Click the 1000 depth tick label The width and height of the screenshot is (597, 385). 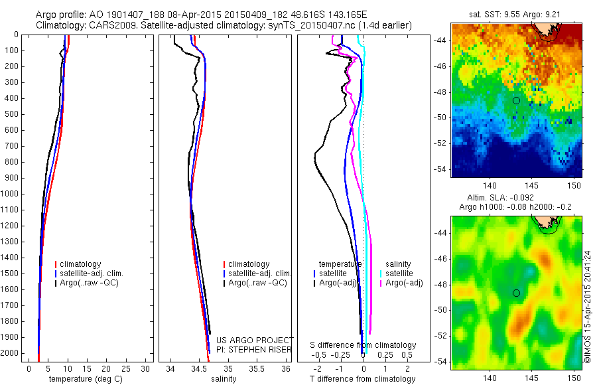tap(12, 194)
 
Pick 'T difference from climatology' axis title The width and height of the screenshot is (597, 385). tap(363, 379)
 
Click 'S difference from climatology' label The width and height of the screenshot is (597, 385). tap(364, 345)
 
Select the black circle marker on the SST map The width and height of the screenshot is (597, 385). tap(516, 100)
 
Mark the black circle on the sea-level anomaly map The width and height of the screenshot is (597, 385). tap(516, 293)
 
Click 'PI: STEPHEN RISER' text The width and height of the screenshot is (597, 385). tap(254, 348)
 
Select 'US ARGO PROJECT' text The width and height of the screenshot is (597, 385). tap(254, 341)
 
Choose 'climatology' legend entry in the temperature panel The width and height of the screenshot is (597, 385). tap(81, 264)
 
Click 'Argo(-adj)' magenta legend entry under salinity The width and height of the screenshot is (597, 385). tap(405, 283)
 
